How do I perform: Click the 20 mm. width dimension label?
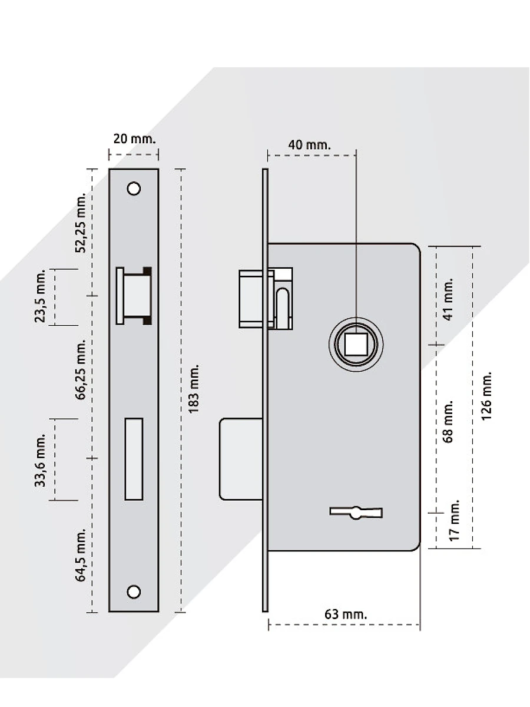click(x=134, y=139)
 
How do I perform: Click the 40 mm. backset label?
click(x=309, y=144)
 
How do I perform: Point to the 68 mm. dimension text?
click(x=449, y=422)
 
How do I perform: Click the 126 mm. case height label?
click(x=486, y=395)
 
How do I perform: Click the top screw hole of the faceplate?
click(x=134, y=189)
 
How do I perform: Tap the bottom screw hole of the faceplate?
click(x=134, y=592)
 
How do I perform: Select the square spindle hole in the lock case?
click(x=355, y=343)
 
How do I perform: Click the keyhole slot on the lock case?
click(x=356, y=512)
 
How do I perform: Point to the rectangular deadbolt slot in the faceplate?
click(x=134, y=459)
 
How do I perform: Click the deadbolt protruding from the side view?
click(x=241, y=459)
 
